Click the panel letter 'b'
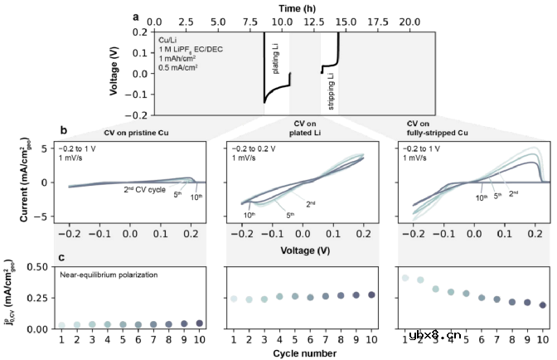point(64,130)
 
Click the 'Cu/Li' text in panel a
point(169,38)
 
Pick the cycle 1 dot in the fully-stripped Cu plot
point(405,278)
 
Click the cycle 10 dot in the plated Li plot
point(370,294)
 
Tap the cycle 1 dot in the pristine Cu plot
point(61,325)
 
